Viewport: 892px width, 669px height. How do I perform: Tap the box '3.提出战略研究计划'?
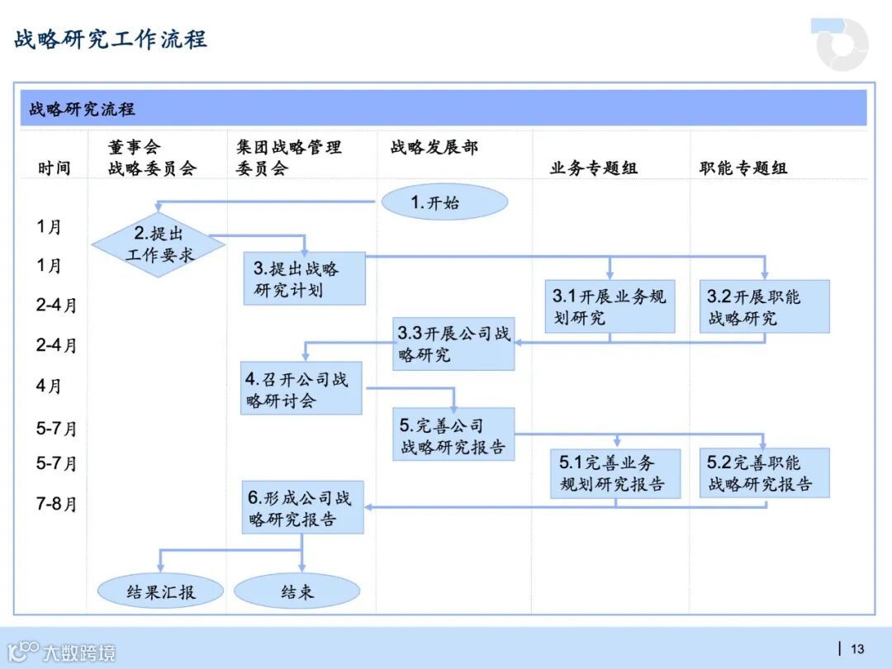pos(304,279)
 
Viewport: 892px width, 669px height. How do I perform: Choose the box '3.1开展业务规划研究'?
pos(610,306)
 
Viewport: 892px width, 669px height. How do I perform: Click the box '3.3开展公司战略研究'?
pos(453,344)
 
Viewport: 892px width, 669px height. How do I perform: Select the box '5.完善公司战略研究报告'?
pos(453,435)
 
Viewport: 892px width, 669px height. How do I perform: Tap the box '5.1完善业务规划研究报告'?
pos(615,473)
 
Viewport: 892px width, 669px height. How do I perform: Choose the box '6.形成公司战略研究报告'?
pos(302,508)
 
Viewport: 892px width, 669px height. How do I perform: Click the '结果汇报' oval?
pos(161,591)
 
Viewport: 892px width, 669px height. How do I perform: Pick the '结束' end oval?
pos(297,591)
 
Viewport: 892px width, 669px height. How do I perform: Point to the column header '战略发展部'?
pos(434,148)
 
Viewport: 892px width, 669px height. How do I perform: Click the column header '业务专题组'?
pos(594,168)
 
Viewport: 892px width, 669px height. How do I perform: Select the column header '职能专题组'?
pos(743,168)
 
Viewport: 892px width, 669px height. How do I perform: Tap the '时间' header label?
pos(55,168)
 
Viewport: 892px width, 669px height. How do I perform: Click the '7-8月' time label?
pos(56,503)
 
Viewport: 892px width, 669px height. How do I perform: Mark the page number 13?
pos(857,648)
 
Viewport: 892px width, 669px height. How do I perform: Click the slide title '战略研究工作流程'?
pos(111,39)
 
